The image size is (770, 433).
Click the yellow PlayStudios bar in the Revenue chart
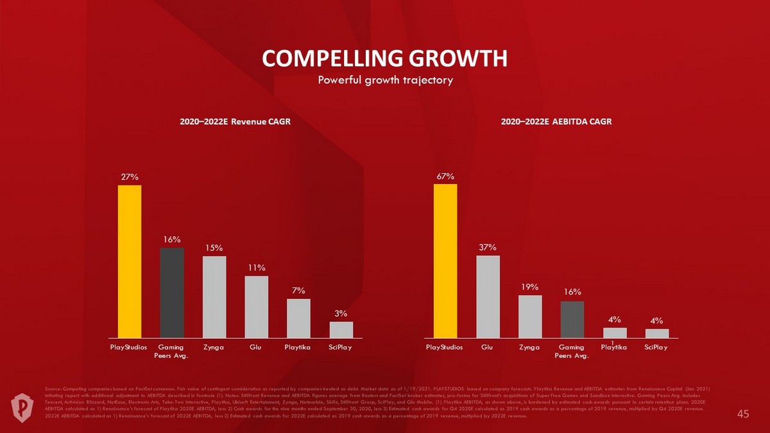129,261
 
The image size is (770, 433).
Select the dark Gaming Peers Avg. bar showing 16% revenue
171,293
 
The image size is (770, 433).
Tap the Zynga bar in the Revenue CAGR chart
214,296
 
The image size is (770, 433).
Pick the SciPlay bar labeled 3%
341,329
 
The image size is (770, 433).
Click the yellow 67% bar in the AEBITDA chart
445,260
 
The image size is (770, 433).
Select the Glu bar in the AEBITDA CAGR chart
488,296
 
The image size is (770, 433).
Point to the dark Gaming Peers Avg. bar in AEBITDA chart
572,319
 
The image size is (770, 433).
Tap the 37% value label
488,246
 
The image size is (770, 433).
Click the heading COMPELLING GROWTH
385,58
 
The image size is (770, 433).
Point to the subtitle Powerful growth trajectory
385,80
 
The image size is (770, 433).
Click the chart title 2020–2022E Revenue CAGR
235,122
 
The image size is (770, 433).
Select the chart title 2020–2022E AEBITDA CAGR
556,122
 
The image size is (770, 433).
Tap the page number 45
743,414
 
